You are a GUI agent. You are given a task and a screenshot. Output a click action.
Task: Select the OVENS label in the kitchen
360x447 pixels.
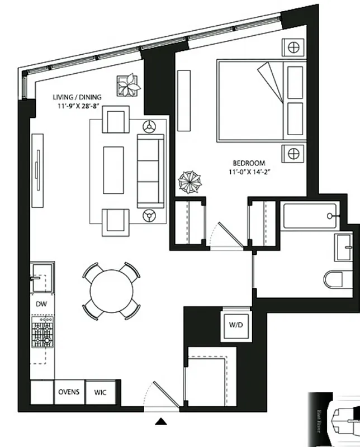point(69,392)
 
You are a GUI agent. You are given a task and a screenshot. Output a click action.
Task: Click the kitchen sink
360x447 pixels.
point(41,278)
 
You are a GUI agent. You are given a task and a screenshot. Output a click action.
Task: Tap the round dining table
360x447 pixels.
point(112,291)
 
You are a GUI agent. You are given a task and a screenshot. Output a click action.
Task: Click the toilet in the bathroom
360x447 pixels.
point(335,277)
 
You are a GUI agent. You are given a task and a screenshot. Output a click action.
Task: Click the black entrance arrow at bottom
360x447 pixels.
point(161,422)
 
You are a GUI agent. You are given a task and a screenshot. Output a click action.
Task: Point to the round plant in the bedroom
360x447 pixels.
point(189,182)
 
